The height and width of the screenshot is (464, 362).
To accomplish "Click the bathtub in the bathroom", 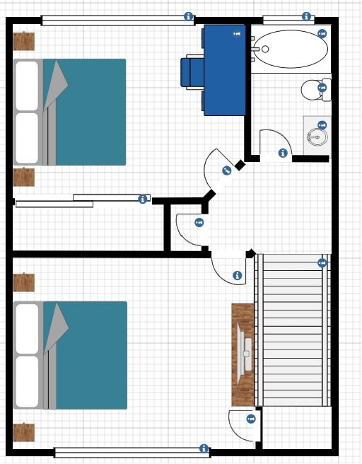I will pos(290,49).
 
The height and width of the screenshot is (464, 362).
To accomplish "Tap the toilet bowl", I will pos(312,90).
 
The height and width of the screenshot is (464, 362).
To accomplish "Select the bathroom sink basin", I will pos(317,136).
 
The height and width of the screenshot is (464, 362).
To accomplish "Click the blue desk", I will pos(225,69).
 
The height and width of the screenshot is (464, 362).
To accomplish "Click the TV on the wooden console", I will pos(245,352).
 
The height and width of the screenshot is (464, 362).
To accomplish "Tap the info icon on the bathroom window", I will pos(307,16).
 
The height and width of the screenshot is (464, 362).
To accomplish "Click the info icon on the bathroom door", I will pos(283,153).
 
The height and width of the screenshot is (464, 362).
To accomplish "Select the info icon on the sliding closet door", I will pos(143,199).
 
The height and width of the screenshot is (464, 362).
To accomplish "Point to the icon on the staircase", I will pos(322,263).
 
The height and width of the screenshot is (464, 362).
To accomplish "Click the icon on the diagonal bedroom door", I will pos(226,170).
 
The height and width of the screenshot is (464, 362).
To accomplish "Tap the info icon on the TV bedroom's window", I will pos(204,448).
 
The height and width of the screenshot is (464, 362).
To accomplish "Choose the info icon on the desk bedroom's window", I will pos(188,16).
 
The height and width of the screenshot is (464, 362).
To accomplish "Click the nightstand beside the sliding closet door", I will pos(24,176).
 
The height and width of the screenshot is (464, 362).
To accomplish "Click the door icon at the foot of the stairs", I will pos(250,419).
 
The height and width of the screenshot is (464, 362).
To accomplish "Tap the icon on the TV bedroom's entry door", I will pos(237,275).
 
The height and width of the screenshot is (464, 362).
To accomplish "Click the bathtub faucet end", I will pos(262,49).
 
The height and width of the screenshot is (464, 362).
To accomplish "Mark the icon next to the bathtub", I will pos(322,33).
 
